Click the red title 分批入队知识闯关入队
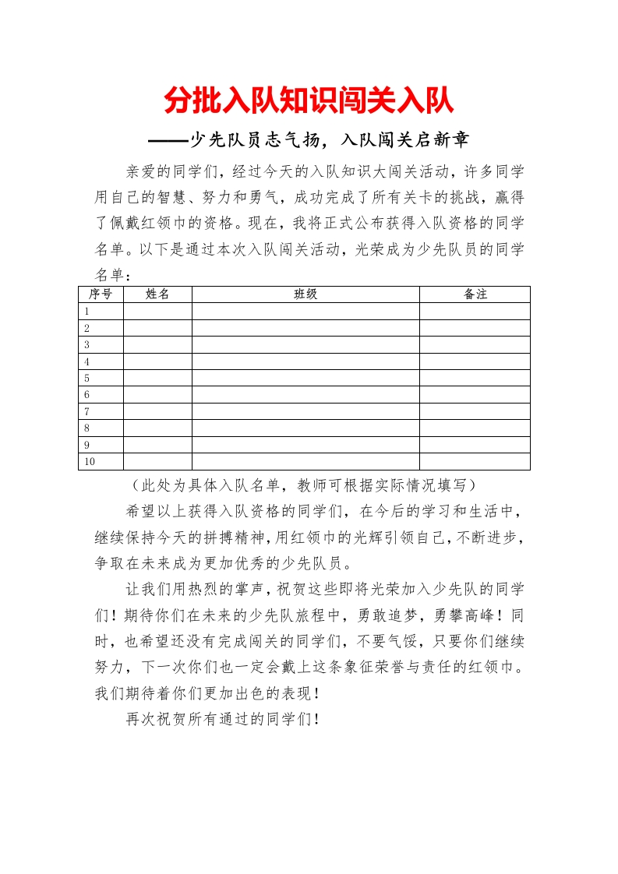pos(309,101)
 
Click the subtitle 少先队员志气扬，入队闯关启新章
pos(309,140)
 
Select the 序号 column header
pos(101,294)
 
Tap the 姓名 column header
pos(157,294)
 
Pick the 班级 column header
pos(305,294)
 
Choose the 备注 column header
pos(475,294)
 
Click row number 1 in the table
pos(87,311)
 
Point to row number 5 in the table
pos(87,378)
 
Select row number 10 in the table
pos(89,462)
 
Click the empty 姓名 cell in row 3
pos(157,344)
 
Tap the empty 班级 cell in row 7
pos(305,411)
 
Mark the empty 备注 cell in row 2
pos(475,328)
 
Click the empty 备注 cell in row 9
pos(475,445)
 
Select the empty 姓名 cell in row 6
pos(157,395)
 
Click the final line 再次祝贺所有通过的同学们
pos(223,719)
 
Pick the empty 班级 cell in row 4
pos(305,361)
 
